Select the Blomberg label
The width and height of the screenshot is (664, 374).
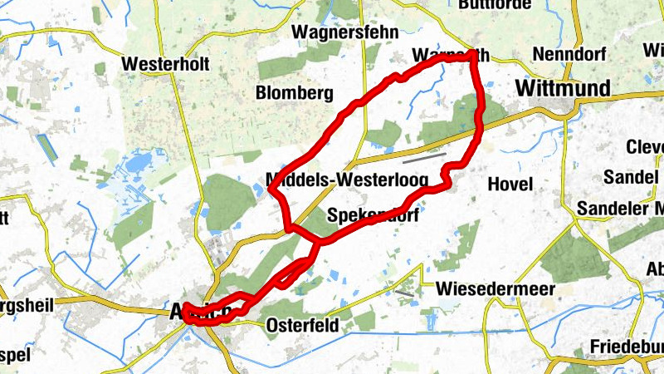[295, 91]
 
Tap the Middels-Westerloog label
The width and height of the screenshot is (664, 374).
[347, 180]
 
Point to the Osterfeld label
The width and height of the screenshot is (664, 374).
[302, 326]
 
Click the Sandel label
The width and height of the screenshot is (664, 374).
[630, 177]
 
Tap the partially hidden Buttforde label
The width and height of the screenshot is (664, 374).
[493, 4]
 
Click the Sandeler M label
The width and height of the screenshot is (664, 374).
[621, 208]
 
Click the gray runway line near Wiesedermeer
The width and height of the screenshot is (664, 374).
[405, 292]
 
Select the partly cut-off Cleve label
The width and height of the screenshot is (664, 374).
[645, 147]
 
